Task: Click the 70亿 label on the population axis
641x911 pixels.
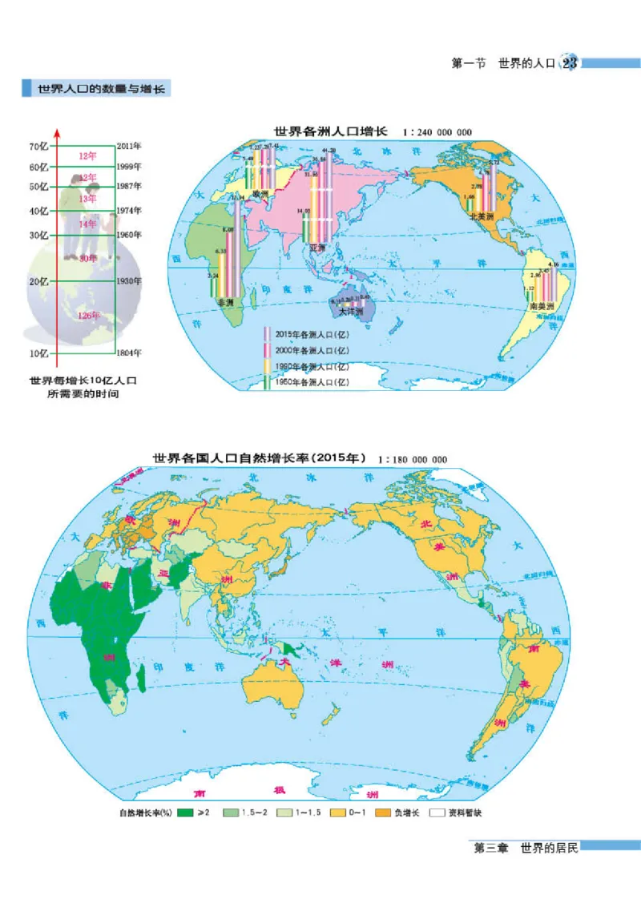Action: pos(38,147)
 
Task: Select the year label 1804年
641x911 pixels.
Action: pos(129,353)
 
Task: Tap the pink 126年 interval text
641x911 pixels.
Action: pos(89,316)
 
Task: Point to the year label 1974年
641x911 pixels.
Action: pos(129,211)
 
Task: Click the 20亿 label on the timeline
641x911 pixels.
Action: pos(38,282)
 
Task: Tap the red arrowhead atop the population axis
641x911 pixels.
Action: pos(57,131)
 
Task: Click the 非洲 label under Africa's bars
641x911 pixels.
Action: pos(213,304)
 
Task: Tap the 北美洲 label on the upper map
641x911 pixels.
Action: pos(480,216)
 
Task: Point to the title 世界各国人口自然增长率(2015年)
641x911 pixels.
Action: pos(260,458)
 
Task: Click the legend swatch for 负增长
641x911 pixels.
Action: pos(381,812)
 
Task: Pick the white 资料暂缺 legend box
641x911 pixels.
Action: pos(437,812)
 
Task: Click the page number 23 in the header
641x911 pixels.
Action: pos(570,63)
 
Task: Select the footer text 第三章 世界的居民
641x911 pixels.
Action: pos(526,848)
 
